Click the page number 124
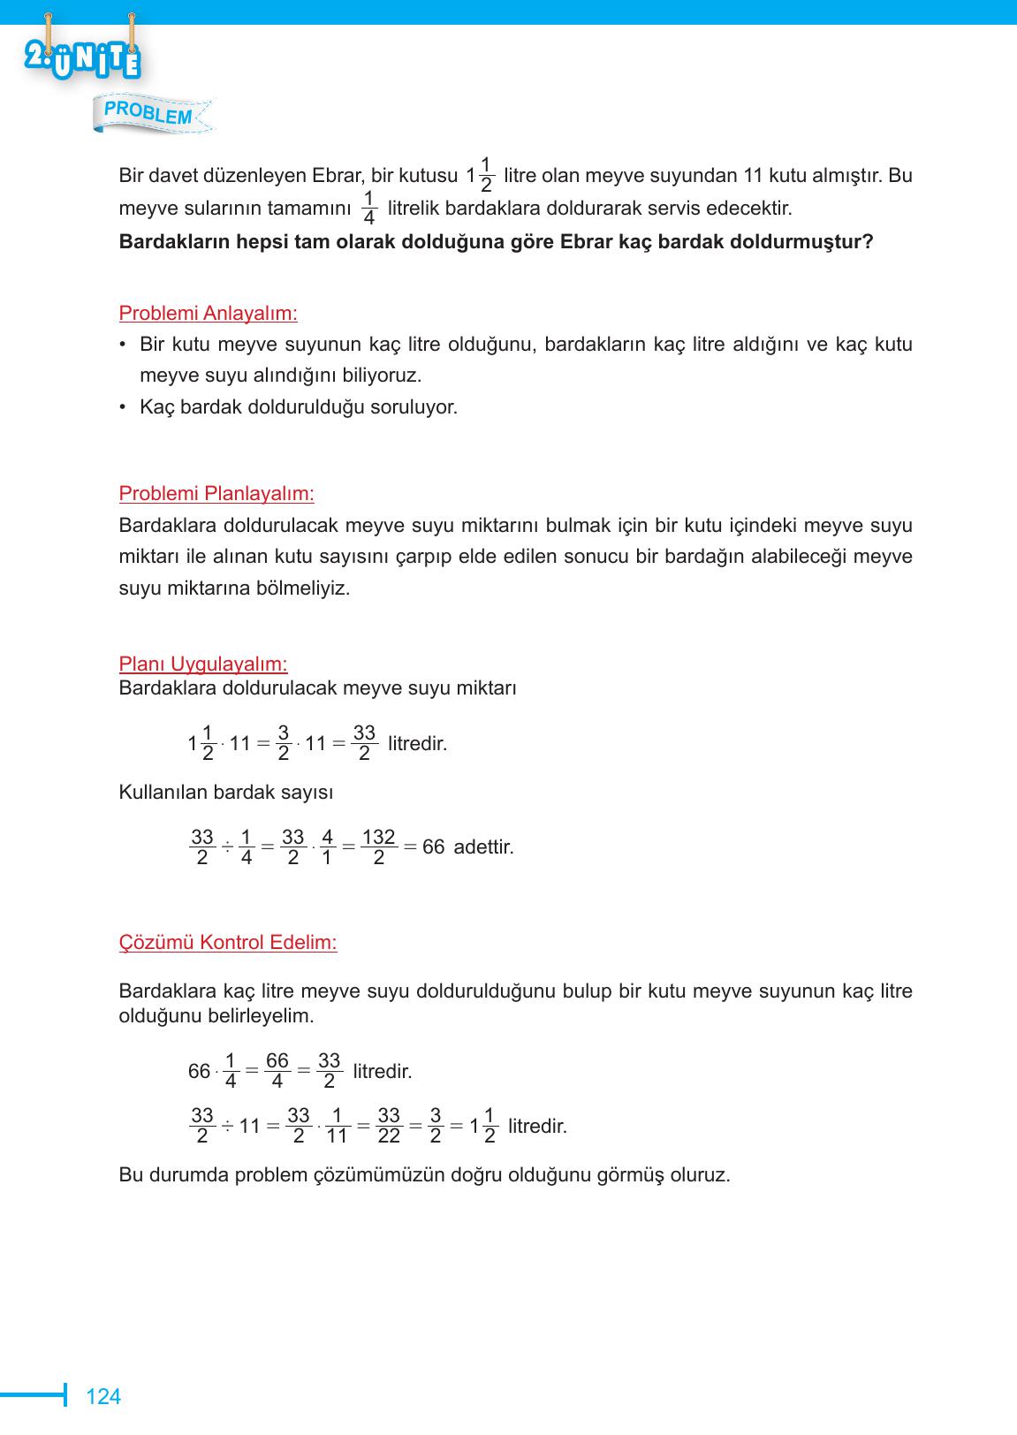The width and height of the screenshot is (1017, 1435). coord(102,1397)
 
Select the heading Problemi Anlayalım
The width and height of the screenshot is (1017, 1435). coord(208,314)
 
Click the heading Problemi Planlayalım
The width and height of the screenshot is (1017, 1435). coord(216,493)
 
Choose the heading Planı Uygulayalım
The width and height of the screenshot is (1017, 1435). coord(203,664)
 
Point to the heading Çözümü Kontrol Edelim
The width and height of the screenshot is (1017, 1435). coord(228,943)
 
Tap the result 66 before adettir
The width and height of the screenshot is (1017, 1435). coord(433,847)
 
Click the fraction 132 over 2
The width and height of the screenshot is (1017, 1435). coord(378,847)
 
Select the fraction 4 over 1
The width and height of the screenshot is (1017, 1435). coord(327,847)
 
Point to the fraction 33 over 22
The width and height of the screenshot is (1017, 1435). coord(389,1127)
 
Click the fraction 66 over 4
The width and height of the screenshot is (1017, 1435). coord(277,1071)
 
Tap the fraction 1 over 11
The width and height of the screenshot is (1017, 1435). coord(337,1127)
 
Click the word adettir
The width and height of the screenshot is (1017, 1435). coord(483,847)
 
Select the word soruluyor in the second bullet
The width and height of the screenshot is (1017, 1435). coord(416,407)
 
